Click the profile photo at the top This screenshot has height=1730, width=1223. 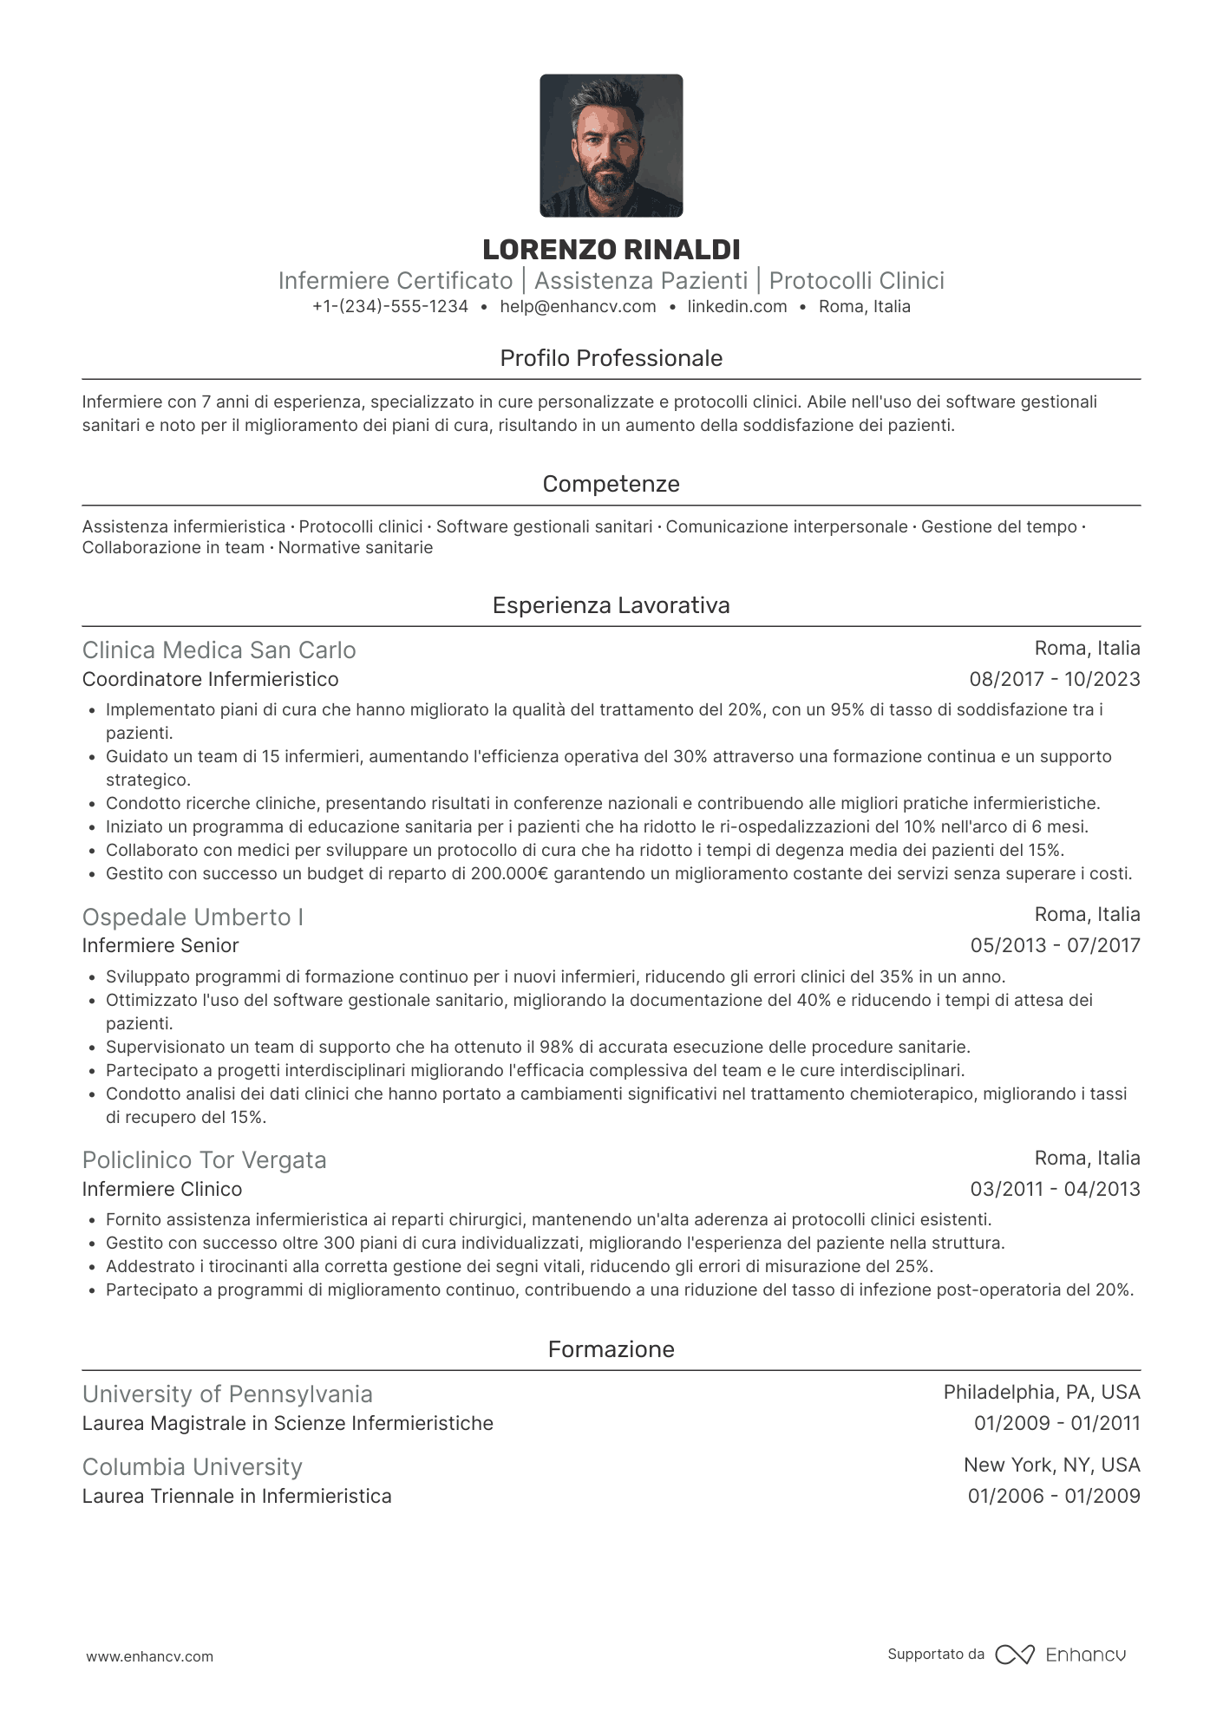(x=611, y=146)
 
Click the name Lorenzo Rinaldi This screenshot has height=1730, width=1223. (x=611, y=250)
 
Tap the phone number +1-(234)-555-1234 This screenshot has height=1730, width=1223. (x=390, y=306)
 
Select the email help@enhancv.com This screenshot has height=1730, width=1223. (x=578, y=306)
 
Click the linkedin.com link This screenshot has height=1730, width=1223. (x=737, y=306)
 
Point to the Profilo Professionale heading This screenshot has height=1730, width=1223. (x=611, y=358)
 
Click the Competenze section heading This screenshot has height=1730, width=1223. (x=611, y=484)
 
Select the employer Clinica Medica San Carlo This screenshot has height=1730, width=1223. (x=219, y=650)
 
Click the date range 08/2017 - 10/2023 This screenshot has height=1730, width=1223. (x=1055, y=679)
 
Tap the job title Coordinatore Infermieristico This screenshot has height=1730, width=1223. (x=210, y=679)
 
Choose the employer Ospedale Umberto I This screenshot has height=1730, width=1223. (x=193, y=917)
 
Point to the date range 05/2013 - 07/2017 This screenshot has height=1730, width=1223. (x=1055, y=945)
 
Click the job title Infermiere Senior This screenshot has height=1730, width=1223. (x=160, y=945)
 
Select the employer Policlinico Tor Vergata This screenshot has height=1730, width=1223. (x=204, y=1159)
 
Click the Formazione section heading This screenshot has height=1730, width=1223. (x=611, y=1349)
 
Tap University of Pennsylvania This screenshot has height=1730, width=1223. (x=227, y=1394)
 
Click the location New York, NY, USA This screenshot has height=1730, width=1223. (x=1051, y=1465)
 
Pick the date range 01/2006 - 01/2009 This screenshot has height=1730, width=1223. (x=1054, y=1496)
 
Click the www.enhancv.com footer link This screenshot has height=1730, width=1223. (x=149, y=1656)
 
